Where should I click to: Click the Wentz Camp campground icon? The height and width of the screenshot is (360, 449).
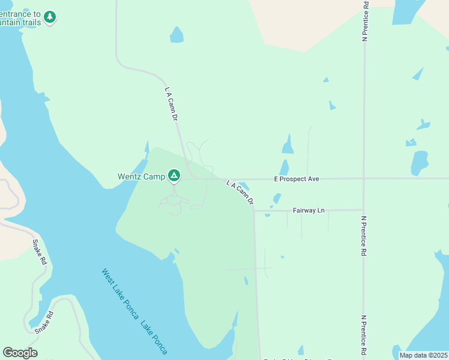(174, 176)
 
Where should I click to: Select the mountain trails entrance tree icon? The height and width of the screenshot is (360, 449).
(50, 17)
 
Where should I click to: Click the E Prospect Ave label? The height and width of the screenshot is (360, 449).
(296, 179)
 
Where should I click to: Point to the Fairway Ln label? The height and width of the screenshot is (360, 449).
(309, 211)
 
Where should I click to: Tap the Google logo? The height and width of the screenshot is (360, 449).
(20, 353)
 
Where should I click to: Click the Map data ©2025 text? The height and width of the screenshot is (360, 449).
(423, 355)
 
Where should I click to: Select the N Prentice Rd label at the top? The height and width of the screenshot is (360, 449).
(365, 21)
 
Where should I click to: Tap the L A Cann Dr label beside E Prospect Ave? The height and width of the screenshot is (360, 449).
(240, 192)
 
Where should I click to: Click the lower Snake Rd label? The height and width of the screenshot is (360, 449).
(44, 323)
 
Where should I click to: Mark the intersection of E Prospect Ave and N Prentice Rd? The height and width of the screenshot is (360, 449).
(364, 178)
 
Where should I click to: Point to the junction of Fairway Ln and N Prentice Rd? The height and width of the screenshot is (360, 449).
(363, 210)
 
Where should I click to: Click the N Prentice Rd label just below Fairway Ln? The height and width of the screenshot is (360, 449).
(364, 236)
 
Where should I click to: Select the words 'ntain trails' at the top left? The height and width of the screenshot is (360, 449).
(20, 22)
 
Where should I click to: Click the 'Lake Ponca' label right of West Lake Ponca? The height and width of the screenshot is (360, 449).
(154, 338)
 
